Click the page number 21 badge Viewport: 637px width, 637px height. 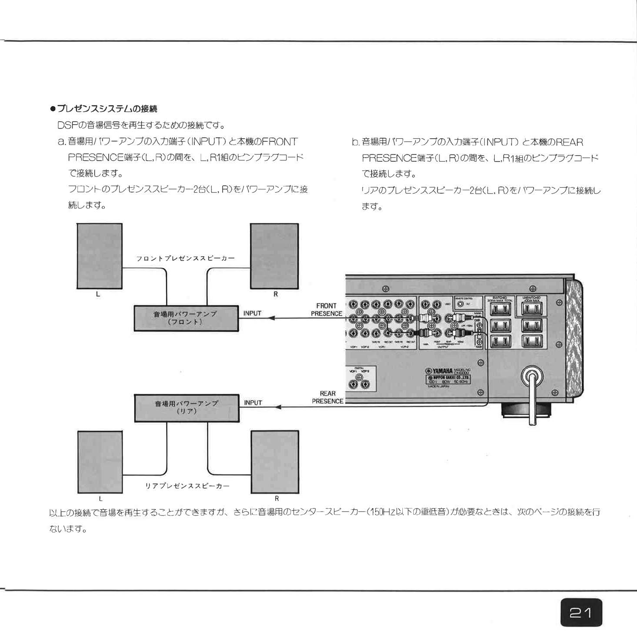tap(581, 613)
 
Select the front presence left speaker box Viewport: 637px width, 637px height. tap(99, 256)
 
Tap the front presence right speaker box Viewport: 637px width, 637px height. tap(274, 256)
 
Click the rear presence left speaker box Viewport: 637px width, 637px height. tap(100, 462)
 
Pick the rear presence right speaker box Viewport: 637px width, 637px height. tap(275, 462)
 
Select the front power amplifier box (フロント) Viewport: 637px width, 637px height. tap(186, 318)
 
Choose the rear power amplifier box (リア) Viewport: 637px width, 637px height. tap(186, 408)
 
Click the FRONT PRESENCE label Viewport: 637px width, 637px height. tap(326, 310)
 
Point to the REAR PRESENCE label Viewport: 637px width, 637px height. tap(327, 397)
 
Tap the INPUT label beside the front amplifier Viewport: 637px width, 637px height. tap(252, 313)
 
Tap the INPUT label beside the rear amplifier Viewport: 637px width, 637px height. tap(253, 402)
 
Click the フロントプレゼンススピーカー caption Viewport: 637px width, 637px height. tap(185, 258)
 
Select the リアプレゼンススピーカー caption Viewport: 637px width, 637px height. tap(187, 486)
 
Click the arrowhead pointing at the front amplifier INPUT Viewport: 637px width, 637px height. tap(272, 318)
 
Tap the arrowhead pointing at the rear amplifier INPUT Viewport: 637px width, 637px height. tap(278, 407)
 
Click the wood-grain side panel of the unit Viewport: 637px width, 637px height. tap(574, 340)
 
